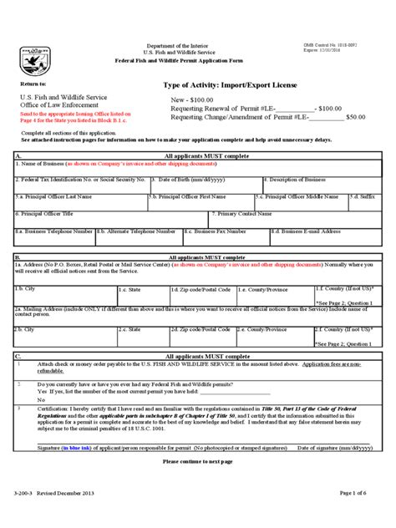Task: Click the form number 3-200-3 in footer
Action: click(x=26, y=515)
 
